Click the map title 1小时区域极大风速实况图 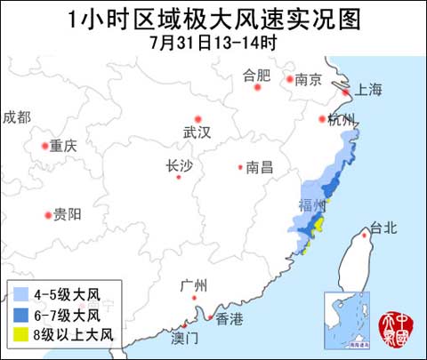[214, 19]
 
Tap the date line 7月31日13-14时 [214, 43]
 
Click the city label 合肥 [256, 76]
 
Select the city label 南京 [309, 80]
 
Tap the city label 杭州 [342, 119]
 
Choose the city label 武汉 [197, 132]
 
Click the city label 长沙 [179, 164]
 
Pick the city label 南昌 [260, 166]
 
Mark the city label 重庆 [64, 146]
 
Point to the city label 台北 [384, 228]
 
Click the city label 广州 [193, 285]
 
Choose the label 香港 [229, 319]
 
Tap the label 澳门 [186, 339]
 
